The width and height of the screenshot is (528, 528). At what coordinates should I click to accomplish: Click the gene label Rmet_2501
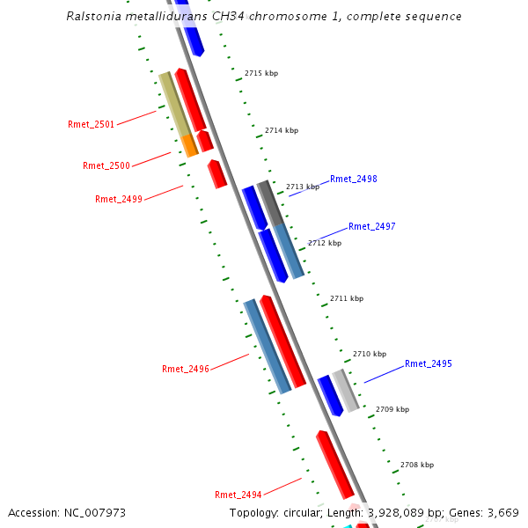click(91, 124)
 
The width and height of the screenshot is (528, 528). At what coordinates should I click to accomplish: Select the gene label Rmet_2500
click(106, 165)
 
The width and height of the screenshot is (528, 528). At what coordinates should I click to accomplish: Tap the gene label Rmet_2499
click(119, 199)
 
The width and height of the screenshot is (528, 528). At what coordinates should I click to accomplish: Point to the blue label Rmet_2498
click(354, 180)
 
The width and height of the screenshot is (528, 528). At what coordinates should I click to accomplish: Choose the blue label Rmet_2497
click(372, 226)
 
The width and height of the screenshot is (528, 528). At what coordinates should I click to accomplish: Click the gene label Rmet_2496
click(186, 369)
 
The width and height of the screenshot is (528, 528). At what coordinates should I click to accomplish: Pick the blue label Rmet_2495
click(429, 363)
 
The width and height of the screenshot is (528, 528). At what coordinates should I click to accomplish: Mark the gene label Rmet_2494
click(238, 495)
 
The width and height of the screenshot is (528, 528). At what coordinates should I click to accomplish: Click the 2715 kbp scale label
click(260, 73)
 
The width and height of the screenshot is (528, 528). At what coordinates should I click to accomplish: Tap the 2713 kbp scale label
click(302, 187)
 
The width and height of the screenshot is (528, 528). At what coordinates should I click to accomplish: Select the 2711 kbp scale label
click(346, 298)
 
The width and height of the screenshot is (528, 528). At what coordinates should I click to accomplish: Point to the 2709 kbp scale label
click(392, 409)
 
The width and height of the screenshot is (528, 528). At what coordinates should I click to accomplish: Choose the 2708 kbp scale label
click(416, 465)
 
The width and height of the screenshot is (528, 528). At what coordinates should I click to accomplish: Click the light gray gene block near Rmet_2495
click(346, 391)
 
